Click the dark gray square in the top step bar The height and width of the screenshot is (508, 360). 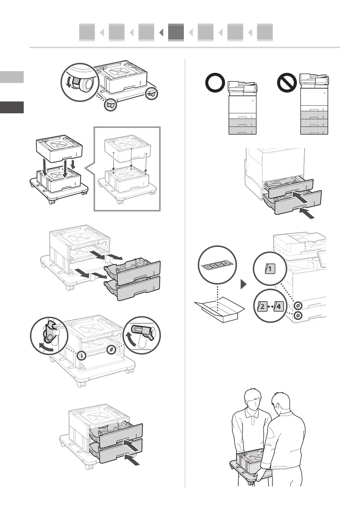pos(176,32)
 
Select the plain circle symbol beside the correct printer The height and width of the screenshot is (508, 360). pos(215,83)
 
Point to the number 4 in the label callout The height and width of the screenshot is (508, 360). pos(279,307)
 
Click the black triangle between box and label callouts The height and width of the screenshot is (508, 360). pos(244,284)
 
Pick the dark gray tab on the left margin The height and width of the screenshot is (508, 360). pos(12,107)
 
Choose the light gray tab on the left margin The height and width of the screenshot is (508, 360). pos(12,77)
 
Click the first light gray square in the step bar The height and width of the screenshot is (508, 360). pos(87,32)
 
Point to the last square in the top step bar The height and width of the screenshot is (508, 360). pos(265,32)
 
